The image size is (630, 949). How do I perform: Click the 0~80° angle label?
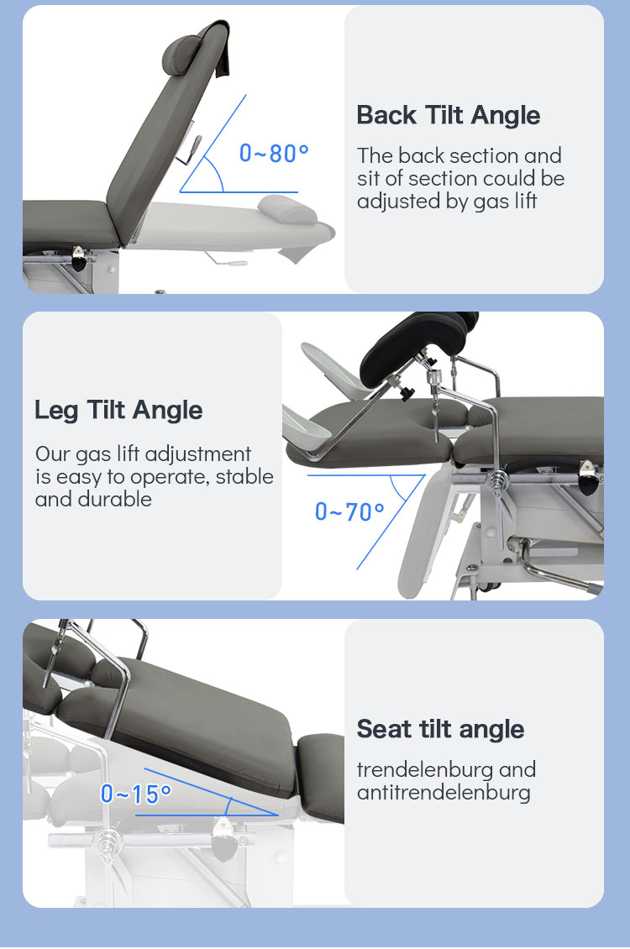(274, 153)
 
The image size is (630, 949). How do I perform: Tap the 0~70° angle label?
(349, 512)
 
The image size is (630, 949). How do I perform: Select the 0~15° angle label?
(136, 794)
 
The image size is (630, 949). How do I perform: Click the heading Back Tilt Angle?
(448, 115)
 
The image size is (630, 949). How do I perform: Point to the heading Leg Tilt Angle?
(118, 411)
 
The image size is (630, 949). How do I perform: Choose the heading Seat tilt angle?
(440, 729)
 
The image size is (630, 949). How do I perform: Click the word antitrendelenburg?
(444, 792)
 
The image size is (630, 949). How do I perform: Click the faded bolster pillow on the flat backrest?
(287, 209)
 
